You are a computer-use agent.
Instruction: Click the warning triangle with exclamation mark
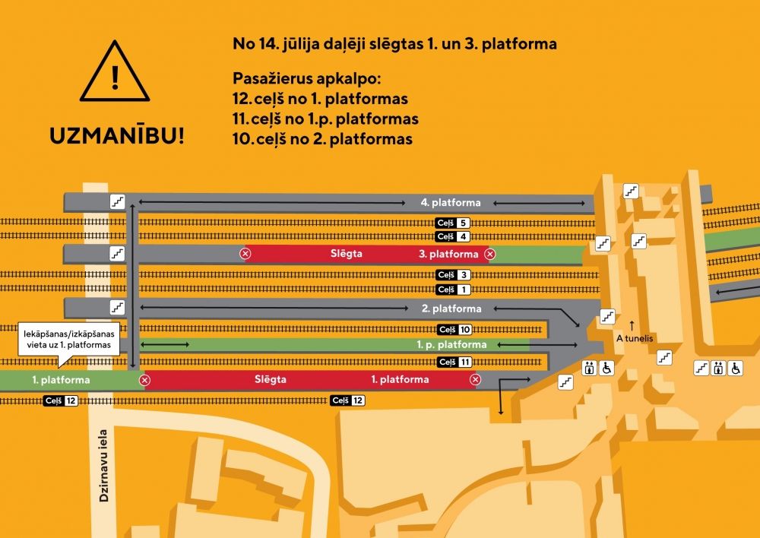tap(116, 73)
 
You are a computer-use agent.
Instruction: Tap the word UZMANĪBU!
tap(116, 137)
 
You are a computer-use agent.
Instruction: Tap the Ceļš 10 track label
tap(456, 329)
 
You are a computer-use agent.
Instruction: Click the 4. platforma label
tap(451, 202)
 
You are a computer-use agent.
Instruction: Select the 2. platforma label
tap(451, 309)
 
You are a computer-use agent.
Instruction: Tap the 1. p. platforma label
tap(451, 345)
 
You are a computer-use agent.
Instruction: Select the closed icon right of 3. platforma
tap(490, 254)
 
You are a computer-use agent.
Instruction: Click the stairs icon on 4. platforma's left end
tap(117, 201)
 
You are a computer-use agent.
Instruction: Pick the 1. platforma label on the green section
tap(62, 379)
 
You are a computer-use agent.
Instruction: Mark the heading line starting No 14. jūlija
tap(394, 44)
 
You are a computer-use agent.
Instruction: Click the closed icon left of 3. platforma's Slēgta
tap(245, 254)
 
